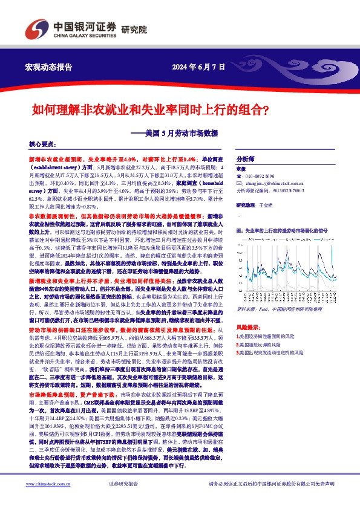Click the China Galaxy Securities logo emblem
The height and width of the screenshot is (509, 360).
33,29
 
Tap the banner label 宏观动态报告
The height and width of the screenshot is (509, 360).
48,66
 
